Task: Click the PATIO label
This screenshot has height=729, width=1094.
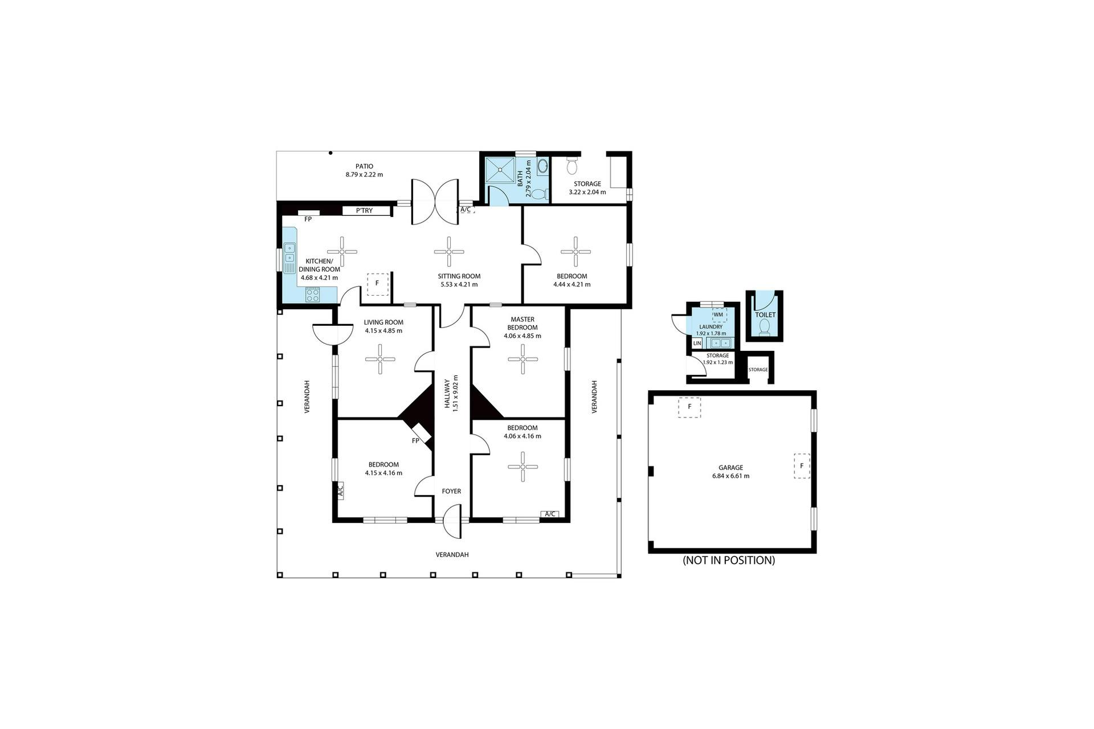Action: click(x=364, y=166)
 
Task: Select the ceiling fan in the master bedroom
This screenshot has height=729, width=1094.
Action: click(x=522, y=359)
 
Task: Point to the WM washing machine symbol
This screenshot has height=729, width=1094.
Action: click(x=719, y=314)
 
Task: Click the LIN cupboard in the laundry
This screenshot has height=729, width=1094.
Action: click(x=697, y=343)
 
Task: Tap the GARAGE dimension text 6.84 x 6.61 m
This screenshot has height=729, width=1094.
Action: click(x=730, y=476)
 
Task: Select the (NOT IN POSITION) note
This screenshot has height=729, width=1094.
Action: click(x=729, y=560)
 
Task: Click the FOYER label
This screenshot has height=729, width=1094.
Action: click(x=451, y=491)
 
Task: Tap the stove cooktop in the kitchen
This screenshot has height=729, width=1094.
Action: click(x=312, y=294)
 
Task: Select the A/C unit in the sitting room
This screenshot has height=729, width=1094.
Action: click(x=466, y=210)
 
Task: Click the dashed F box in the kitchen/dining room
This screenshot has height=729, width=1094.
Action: click(x=377, y=284)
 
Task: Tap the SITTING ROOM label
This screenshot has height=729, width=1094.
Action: click(x=459, y=276)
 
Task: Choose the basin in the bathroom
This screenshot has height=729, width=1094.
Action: click(x=542, y=166)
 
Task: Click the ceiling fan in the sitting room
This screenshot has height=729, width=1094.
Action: click(x=449, y=252)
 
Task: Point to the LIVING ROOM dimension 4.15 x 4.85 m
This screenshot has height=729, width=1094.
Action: click(x=383, y=330)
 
